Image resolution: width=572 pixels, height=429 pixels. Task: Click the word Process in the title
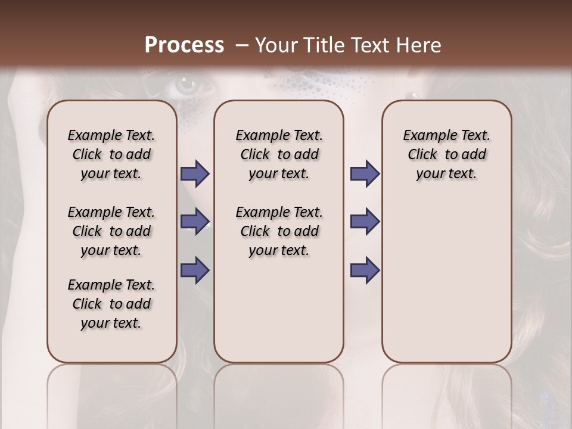(x=184, y=45)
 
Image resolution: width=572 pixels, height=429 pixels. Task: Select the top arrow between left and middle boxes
(x=195, y=174)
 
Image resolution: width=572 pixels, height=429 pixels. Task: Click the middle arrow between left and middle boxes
(x=195, y=222)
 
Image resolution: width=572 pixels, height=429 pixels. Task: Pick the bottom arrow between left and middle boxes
(x=195, y=271)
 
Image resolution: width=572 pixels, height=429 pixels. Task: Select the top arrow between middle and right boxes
(x=365, y=174)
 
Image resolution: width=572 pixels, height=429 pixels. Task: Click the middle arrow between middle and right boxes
(x=365, y=222)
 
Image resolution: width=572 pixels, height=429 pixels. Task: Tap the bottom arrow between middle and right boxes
(x=365, y=271)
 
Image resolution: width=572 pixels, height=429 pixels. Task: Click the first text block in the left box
(x=111, y=154)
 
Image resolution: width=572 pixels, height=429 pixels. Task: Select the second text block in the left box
(x=111, y=231)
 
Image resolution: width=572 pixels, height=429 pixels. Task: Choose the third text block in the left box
(x=111, y=304)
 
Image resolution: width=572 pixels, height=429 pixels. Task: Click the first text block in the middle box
(x=279, y=154)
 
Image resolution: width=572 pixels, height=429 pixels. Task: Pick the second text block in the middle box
(x=279, y=231)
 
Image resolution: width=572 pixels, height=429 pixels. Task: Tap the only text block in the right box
(x=446, y=154)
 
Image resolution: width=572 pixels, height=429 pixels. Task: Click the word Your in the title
(x=276, y=45)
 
